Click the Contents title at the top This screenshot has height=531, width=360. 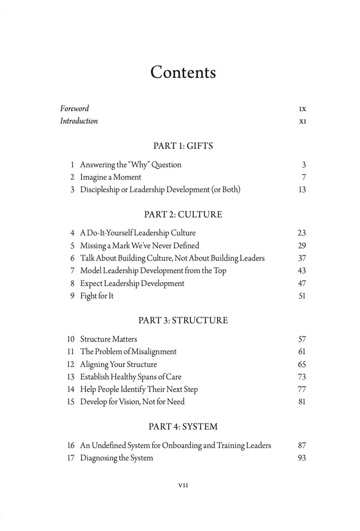[x=183, y=73]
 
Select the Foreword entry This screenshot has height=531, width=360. [x=75, y=109]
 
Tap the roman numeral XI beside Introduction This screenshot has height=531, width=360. [x=302, y=122]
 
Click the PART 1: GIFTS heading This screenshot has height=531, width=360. [x=183, y=146]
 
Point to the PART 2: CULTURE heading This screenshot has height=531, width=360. [x=183, y=215]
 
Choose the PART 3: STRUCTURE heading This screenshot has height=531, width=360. [x=183, y=321]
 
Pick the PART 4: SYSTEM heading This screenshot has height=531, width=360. [x=183, y=427]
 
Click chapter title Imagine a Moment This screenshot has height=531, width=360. [x=111, y=177]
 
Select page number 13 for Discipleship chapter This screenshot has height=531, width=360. [x=302, y=190]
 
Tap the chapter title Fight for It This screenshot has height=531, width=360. [x=97, y=296]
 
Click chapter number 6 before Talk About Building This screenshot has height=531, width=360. [x=72, y=258]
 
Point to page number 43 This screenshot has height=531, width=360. [x=302, y=271]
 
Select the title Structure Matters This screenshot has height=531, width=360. [x=109, y=339]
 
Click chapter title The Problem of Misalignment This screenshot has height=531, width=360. [x=128, y=352]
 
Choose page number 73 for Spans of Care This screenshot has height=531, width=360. [x=302, y=377]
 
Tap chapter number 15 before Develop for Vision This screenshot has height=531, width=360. [x=71, y=402]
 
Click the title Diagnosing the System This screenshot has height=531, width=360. [x=117, y=458]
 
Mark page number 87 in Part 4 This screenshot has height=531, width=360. [x=302, y=446]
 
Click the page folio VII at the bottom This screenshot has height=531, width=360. [x=183, y=485]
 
